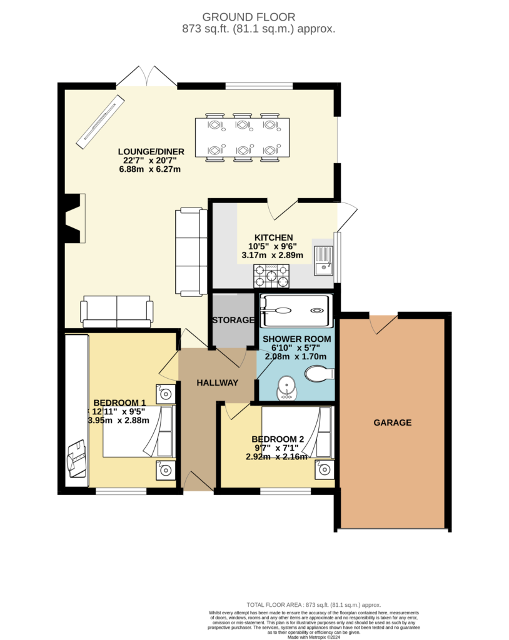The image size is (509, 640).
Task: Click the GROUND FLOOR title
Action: click(248, 17)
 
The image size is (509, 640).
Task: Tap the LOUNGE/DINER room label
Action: click(151, 151)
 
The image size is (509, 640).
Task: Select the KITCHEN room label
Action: click(274, 237)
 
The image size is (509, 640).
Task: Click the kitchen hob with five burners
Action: click(271, 276)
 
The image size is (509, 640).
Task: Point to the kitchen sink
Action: click(323, 261)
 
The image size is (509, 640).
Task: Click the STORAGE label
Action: click(233, 320)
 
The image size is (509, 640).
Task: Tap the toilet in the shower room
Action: click(320, 373)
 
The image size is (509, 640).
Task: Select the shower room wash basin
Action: click(287, 388)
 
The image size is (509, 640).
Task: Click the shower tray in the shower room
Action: click(295, 311)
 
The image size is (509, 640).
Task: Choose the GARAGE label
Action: click(393, 422)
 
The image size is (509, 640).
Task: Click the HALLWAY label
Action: click(218, 382)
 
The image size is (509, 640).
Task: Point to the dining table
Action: click(242, 137)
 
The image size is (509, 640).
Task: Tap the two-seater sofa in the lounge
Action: click(117, 311)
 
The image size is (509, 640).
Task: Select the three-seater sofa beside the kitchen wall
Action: click(191, 252)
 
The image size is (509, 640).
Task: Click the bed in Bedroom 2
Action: click(298, 432)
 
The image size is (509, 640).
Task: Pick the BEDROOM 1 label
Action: click(119, 402)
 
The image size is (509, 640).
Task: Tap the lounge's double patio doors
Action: click(147, 77)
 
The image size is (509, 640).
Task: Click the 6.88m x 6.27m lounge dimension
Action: click(150, 169)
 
